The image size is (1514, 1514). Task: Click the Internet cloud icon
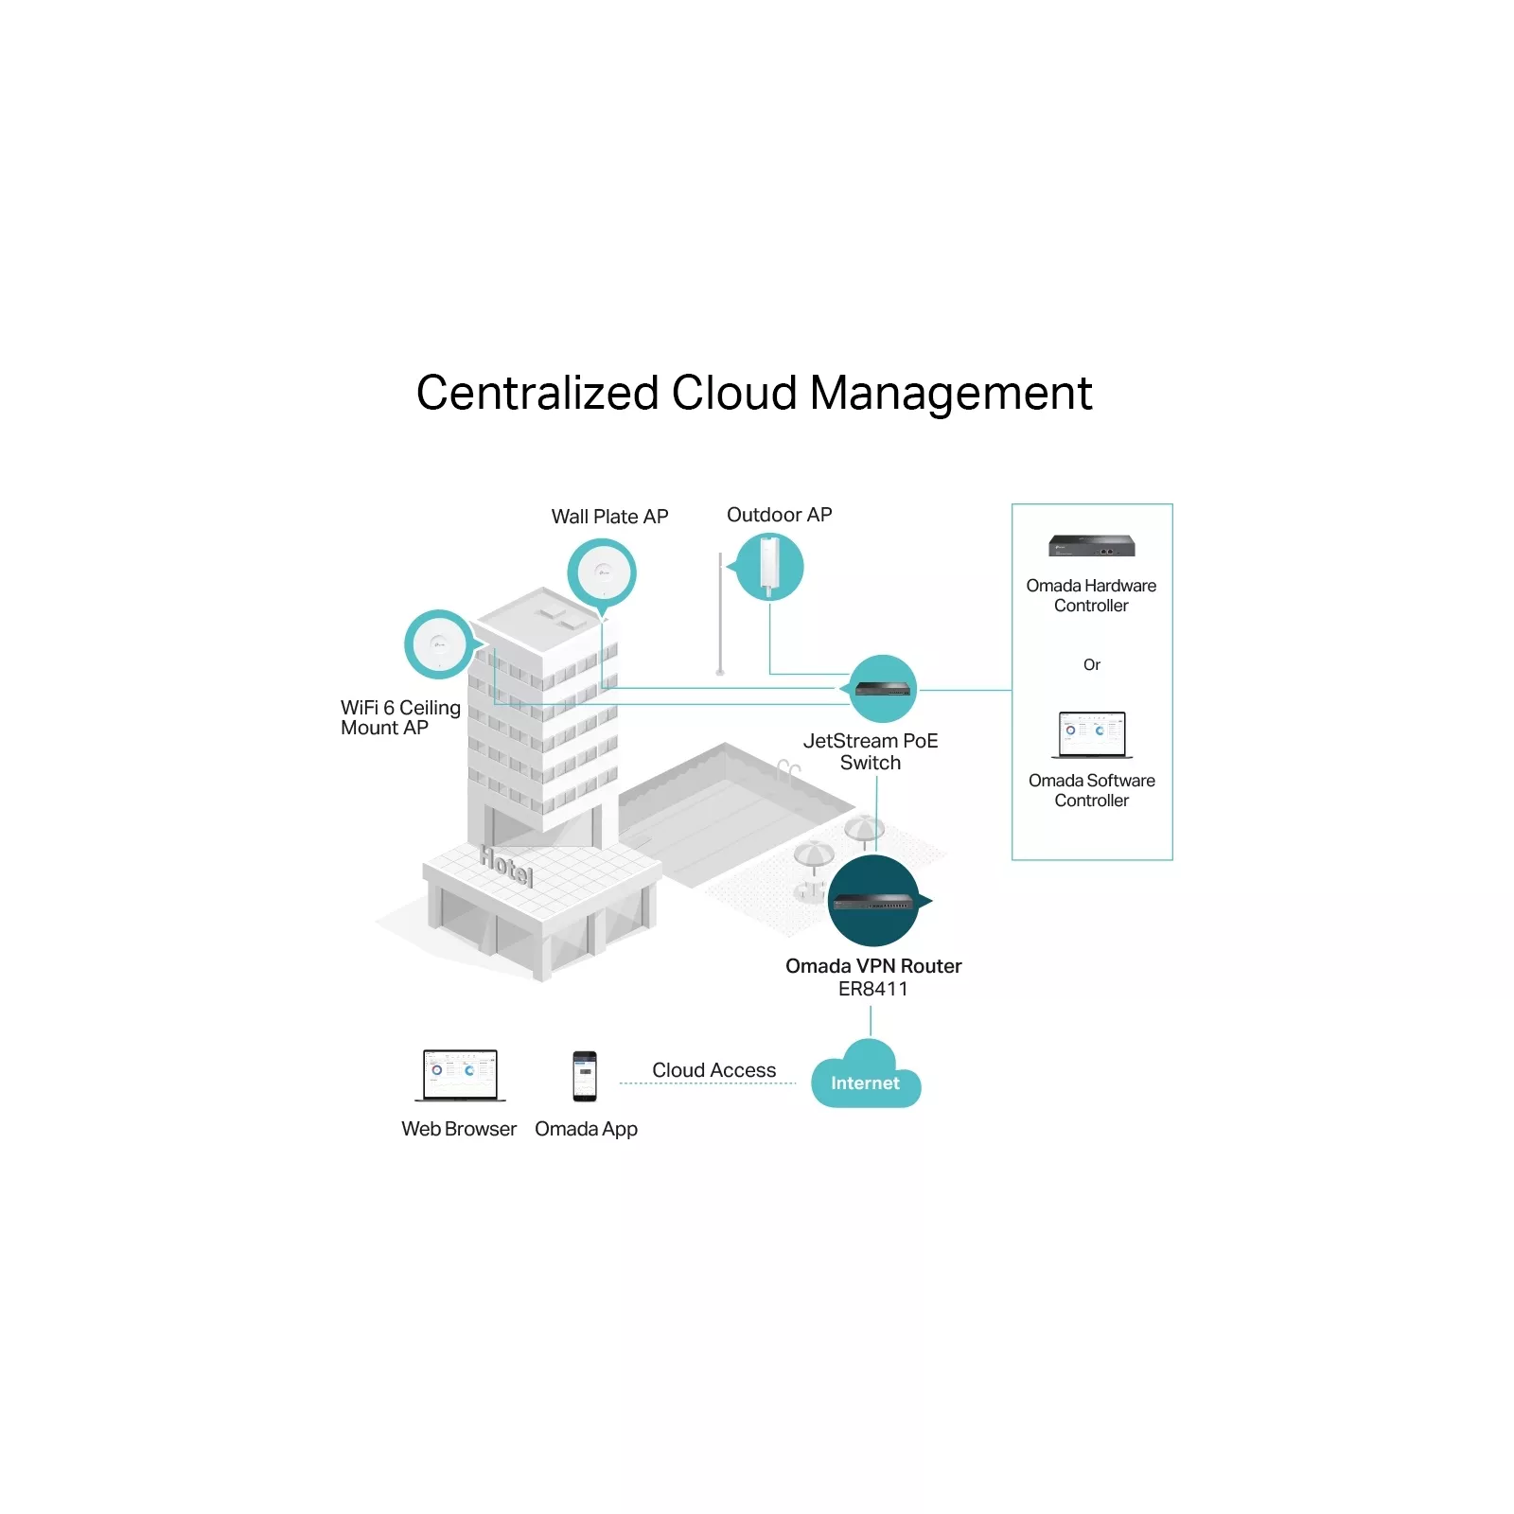(x=866, y=1077)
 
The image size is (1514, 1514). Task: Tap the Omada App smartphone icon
(x=585, y=1076)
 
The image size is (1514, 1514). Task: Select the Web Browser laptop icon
(x=460, y=1075)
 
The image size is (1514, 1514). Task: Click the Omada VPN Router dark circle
(x=874, y=901)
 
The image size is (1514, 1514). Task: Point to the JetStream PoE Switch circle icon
(x=883, y=689)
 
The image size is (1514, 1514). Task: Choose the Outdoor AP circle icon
(x=770, y=567)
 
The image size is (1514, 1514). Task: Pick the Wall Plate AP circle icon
(x=602, y=572)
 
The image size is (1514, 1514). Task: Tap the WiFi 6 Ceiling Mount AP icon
(x=438, y=644)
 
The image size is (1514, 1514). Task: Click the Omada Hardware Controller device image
(x=1091, y=546)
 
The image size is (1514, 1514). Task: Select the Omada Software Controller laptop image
(x=1092, y=734)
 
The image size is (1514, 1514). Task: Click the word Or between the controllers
(x=1092, y=665)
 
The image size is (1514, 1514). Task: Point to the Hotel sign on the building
(x=506, y=865)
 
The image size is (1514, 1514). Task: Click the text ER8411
(x=872, y=989)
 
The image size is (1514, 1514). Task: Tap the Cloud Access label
(x=713, y=1070)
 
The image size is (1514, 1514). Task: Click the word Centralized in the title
(x=537, y=393)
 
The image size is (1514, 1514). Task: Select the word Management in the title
(x=951, y=393)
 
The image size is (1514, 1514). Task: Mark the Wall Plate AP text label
(x=609, y=517)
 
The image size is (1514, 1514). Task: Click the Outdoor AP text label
(x=779, y=515)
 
